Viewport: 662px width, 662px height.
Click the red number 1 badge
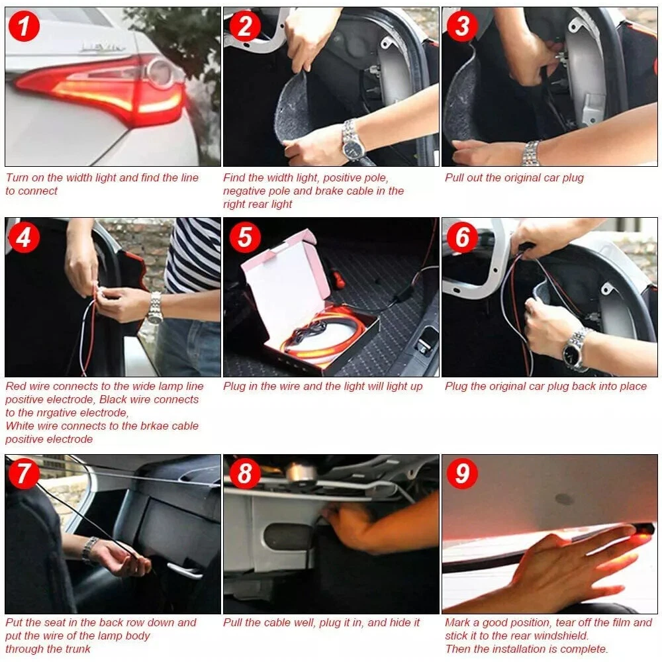pos(24,26)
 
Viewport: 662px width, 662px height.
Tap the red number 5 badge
pos(246,237)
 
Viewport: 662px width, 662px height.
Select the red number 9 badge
pos(463,473)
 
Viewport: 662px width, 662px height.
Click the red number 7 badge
pos(24,473)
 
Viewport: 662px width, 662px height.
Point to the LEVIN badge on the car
pos(103,47)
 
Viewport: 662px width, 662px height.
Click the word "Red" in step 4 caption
pos(16,387)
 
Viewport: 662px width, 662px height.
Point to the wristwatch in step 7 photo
pos(89,549)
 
